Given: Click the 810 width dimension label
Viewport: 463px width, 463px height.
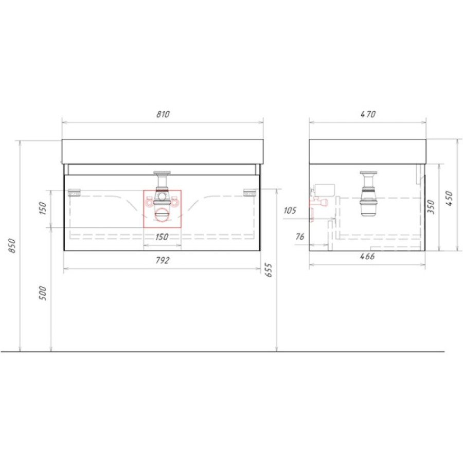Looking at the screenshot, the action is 163,114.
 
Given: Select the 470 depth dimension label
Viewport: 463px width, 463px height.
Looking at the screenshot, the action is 368,114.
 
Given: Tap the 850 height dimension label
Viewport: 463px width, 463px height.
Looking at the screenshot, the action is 12,245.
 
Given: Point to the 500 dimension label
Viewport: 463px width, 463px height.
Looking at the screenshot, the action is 43,293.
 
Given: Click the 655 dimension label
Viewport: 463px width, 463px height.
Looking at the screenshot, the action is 269,270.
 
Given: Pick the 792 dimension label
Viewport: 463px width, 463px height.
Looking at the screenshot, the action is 163,260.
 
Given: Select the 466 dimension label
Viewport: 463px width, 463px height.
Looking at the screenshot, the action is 367,256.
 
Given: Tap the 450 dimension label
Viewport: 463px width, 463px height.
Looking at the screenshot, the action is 449,199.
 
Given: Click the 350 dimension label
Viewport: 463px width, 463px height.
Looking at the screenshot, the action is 431,207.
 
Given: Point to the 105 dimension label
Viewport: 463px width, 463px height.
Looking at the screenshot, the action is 290,210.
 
